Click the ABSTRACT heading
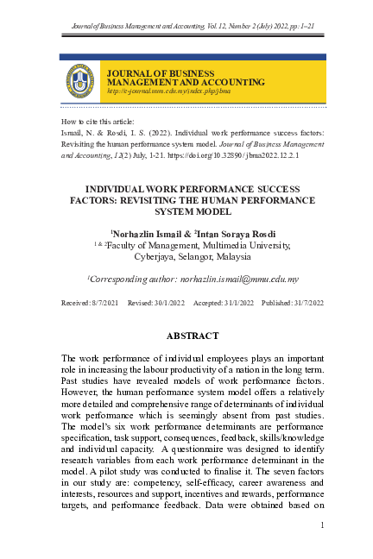pyautogui.click(x=186, y=336)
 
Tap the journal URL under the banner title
pyautogui.click(x=155, y=90)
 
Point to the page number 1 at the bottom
pyautogui.click(x=321, y=525)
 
